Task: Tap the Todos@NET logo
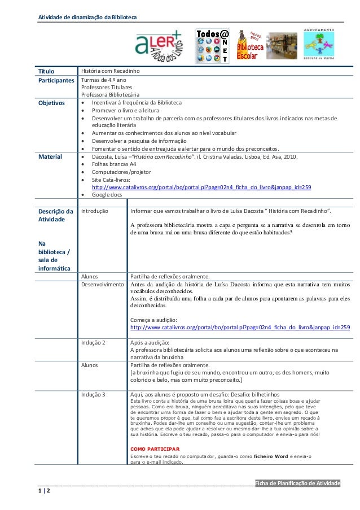tap(212, 46)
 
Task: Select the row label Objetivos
tap(51, 103)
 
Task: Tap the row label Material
tap(49, 156)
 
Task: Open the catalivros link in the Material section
tap(201, 187)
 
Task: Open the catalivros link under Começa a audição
tap(240, 327)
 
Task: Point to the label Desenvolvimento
tap(102, 285)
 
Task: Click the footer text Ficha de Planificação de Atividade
tap(298, 483)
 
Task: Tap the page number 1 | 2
tap(44, 491)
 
